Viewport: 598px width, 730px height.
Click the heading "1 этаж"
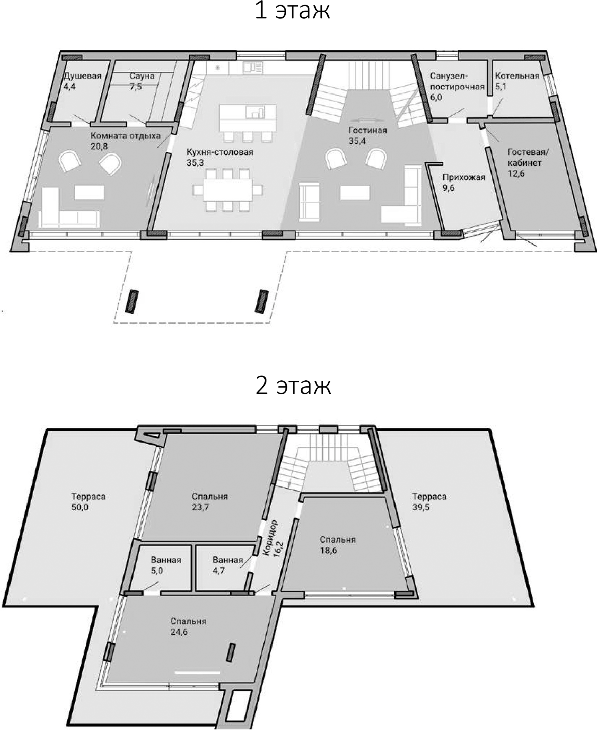292,11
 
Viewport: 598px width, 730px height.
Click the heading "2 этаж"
293,386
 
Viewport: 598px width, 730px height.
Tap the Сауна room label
142,76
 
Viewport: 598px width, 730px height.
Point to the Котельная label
517,76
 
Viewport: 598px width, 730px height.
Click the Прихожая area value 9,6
448,188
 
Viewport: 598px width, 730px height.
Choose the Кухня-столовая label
220,152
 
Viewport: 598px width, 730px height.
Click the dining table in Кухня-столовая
228,190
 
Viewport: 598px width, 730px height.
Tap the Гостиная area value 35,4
357,141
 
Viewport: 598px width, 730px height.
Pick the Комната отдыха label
126,136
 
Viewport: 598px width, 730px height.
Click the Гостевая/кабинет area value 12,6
516,174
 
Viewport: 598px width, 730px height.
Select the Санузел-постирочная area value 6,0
436,98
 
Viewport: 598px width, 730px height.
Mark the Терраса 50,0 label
88,496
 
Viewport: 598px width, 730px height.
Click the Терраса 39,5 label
429,496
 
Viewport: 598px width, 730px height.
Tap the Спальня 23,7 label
210,496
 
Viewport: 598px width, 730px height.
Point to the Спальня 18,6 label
337,540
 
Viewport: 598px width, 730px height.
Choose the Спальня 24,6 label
188,621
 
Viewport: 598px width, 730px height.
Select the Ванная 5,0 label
166,560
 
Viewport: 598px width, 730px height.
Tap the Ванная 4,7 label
227,560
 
